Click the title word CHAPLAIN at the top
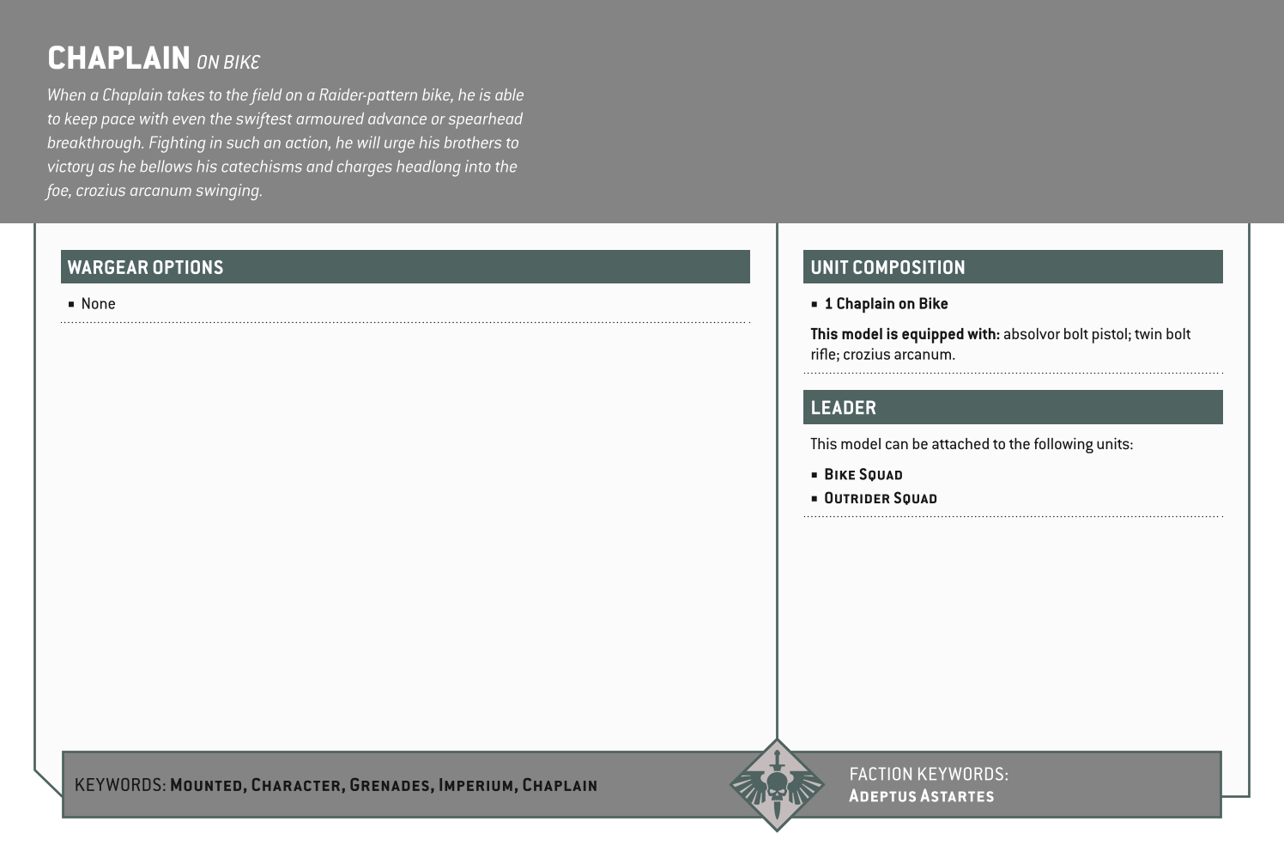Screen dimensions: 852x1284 click(118, 58)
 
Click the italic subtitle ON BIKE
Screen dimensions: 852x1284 click(227, 62)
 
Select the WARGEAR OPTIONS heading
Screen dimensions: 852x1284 click(145, 267)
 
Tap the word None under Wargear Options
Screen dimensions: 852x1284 click(98, 304)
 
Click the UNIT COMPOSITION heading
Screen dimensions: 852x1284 click(887, 267)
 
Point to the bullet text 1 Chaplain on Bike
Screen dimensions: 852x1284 click(886, 304)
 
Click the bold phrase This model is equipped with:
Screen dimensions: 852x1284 click(905, 334)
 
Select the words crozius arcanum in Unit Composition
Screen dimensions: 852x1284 click(898, 355)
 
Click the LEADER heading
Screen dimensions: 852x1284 click(843, 408)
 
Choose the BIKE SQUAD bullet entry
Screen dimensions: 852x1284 click(863, 475)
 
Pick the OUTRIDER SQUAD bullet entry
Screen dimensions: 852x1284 click(880, 498)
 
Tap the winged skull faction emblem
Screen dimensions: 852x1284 click(777, 785)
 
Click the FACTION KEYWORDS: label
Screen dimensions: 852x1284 click(928, 774)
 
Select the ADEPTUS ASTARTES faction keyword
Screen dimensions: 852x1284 click(921, 796)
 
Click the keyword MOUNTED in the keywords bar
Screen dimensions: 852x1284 click(208, 785)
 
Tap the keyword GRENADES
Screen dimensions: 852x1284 click(390, 785)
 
